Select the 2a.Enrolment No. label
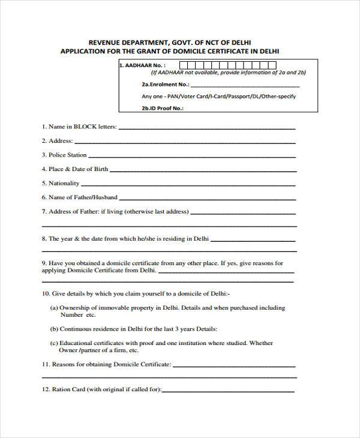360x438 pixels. click(157, 85)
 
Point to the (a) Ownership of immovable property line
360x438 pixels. click(168, 308)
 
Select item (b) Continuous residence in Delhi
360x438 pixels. click(133, 329)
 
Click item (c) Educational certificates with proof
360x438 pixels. click(161, 344)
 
